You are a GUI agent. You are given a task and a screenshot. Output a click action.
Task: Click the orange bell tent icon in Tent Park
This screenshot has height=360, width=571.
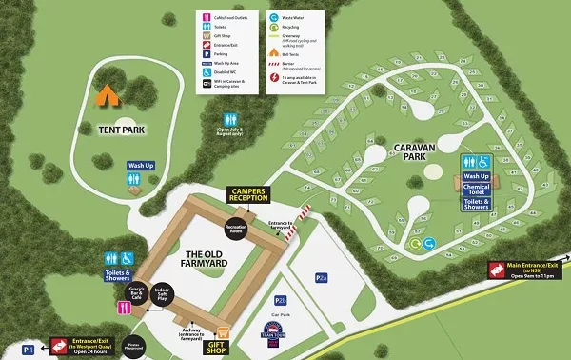(107, 94)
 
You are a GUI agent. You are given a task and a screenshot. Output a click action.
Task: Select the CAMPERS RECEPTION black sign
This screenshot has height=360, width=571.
(249, 195)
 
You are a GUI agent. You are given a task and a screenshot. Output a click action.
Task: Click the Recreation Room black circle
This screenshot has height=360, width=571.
(235, 228)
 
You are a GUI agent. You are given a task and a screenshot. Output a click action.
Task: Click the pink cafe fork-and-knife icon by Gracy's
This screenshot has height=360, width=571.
(124, 308)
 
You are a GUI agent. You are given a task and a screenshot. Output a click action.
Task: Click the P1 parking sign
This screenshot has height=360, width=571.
(29, 350)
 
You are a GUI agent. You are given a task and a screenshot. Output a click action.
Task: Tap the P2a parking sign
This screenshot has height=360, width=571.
(322, 277)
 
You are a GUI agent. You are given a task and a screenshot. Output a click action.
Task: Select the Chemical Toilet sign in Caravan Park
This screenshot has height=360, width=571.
(477, 190)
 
